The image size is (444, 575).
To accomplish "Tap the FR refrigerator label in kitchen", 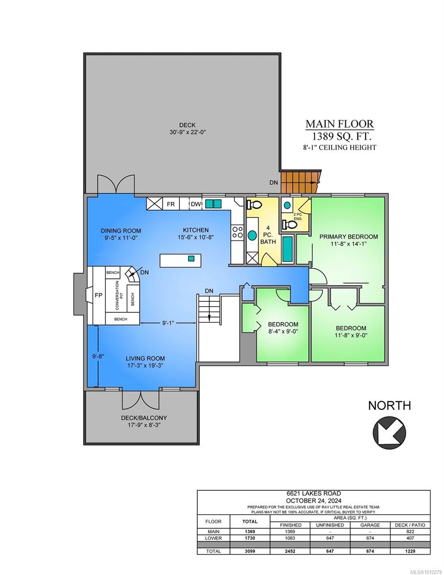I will click(x=171, y=204).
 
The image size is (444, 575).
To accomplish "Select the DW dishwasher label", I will click(x=196, y=204).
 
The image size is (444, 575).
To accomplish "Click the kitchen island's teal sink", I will click(x=191, y=259).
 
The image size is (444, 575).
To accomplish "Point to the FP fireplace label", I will click(x=98, y=295).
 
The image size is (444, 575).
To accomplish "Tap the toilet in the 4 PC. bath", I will click(x=254, y=205).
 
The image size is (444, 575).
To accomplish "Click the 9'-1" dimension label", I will click(x=168, y=322).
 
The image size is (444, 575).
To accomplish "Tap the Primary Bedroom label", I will click(x=348, y=236).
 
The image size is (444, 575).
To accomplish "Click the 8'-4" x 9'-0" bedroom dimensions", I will click(x=283, y=332).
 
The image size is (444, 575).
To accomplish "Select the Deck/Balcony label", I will click(x=144, y=418).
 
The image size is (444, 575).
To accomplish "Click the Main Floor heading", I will click(x=340, y=124).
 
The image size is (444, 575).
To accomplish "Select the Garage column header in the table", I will click(x=370, y=525).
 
